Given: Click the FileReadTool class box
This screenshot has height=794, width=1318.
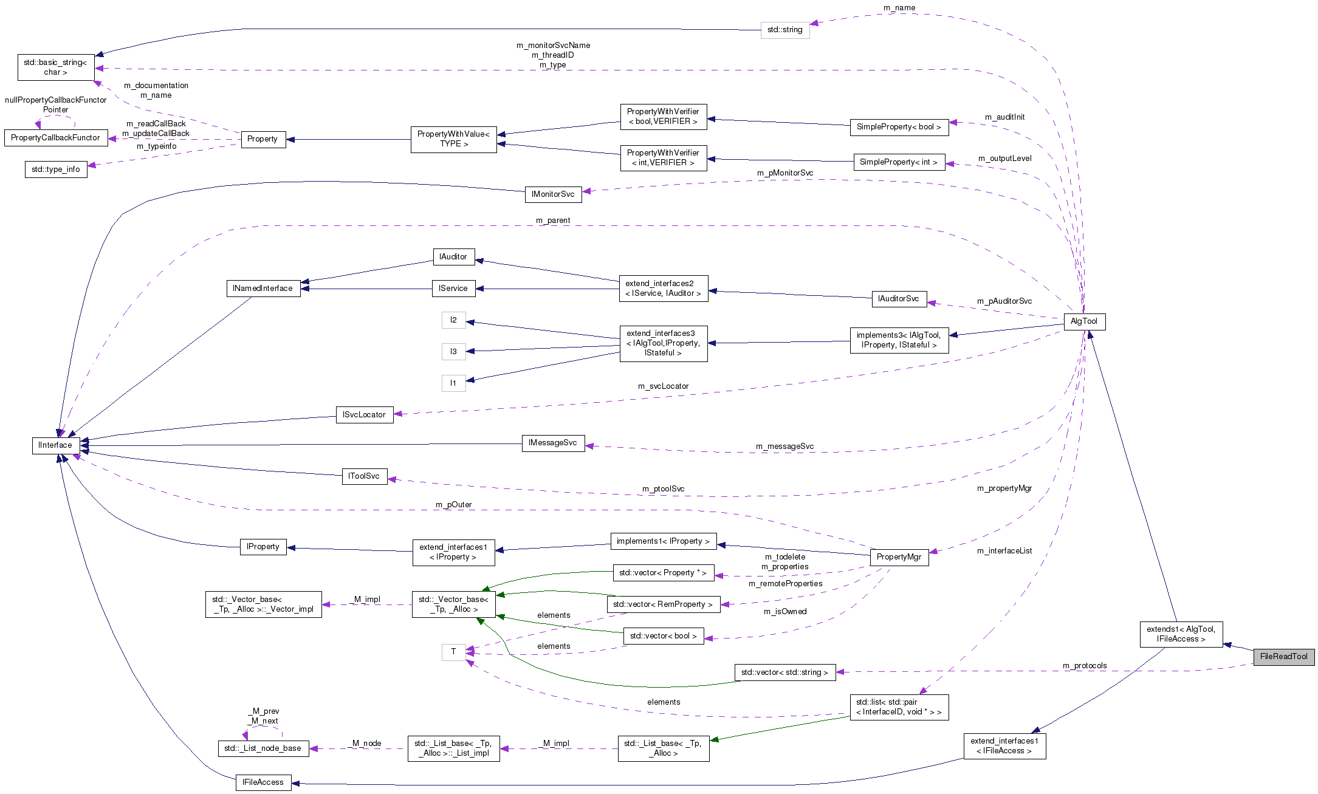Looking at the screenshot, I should (1283, 657).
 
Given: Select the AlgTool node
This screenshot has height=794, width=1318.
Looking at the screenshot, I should (1084, 321).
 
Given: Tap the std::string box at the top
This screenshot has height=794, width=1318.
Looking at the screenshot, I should (784, 30).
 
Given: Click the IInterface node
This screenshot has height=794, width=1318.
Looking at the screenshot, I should (55, 445).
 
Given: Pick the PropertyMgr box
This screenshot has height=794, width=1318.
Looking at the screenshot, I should (899, 557).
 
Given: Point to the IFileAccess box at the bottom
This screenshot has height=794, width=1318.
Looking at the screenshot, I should (263, 782).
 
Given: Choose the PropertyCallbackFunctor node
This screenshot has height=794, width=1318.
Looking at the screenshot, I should (55, 138).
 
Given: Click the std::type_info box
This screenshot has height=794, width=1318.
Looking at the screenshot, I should (56, 169).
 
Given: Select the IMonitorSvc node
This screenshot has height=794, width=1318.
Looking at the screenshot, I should (552, 194).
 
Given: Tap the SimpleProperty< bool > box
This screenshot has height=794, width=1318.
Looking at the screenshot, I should (898, 127).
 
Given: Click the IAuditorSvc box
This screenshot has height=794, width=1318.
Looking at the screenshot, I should (898, 299).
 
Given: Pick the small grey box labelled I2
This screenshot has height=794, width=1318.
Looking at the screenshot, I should (453, 320).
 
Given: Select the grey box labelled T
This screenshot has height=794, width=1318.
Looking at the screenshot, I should (453, 652).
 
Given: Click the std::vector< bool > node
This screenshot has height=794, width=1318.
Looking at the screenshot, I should (663, 636).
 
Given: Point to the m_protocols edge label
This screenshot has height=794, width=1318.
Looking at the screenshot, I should (1084, 666).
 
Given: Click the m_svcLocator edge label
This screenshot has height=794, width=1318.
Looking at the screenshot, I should (663, 386).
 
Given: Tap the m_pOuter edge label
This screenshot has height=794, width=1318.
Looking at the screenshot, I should (453, 505).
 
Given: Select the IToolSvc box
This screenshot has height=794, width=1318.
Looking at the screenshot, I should (364, 476).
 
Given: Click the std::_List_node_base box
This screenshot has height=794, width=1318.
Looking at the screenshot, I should (263, 748).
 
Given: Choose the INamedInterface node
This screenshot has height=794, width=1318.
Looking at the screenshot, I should (263, 289).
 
